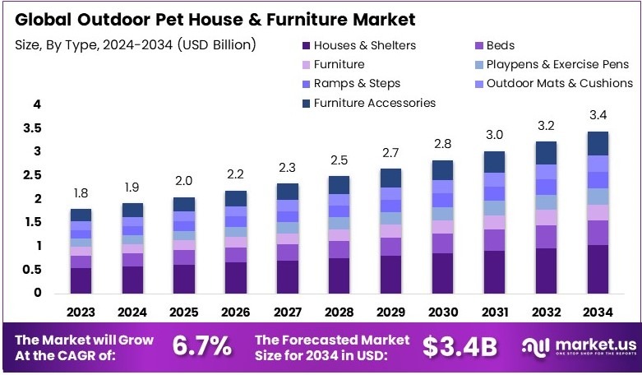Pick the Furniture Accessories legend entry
374,103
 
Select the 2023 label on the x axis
81,312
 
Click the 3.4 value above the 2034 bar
598,114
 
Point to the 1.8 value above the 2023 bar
81,192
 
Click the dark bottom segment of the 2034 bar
598,269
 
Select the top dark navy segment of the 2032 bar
546,152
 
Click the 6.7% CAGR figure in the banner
201,346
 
